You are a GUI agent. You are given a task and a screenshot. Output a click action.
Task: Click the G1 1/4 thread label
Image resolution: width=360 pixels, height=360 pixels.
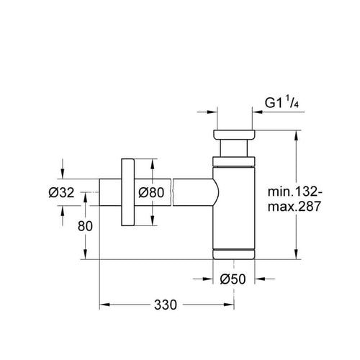pos(282,103)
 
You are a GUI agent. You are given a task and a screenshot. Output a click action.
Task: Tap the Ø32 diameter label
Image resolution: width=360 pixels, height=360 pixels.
pos(61,192)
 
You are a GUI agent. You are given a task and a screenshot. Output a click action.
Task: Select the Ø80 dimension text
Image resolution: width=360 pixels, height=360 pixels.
pos(151,192)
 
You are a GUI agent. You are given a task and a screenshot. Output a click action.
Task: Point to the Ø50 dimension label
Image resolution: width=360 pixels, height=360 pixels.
pos(233,279)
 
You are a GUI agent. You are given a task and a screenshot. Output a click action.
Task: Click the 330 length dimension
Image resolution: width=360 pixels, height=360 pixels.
pos(166,305)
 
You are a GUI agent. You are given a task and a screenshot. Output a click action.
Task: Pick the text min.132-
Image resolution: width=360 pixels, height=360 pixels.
pos(295,192)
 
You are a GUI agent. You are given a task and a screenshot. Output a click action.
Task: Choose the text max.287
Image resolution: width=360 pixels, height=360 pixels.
pos(294,206)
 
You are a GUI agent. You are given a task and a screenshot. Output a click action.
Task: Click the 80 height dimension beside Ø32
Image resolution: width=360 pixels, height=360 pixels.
pos(85,226)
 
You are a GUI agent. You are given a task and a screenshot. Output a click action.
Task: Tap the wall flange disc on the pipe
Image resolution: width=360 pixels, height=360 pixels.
pos(127,192)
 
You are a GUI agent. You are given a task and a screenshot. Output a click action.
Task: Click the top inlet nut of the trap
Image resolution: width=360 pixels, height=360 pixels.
pos(234,135)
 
